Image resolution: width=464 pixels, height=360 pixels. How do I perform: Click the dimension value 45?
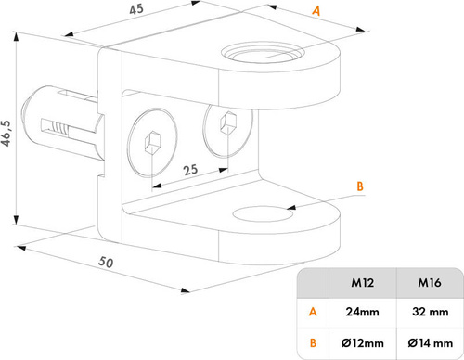tap(136, 9)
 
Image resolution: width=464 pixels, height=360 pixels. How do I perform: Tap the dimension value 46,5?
tap(6, 134)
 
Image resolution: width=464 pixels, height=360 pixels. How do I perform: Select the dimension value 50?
tap(106, 263)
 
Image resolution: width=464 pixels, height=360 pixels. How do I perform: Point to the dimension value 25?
tap(190, 170)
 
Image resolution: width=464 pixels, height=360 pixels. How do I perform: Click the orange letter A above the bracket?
tap(316, 11)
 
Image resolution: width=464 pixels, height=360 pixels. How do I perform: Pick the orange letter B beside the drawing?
tap(360, 186)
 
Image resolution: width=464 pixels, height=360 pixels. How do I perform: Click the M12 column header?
tap(362, 283)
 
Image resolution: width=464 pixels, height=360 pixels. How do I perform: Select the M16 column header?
tap(430, 283)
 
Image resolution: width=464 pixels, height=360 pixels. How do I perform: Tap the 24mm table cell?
tap(362, 312)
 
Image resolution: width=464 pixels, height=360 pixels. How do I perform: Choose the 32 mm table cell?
tap(430, 312)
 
